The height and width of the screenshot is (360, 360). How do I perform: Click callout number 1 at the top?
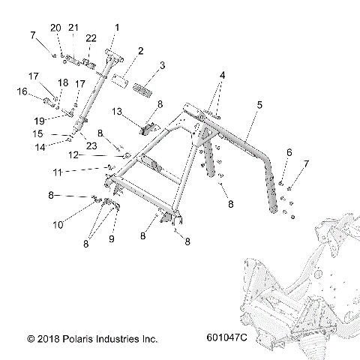pos(116,28)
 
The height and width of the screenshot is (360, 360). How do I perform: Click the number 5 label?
pos(259,106)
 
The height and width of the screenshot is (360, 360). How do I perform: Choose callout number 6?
pos(289,152)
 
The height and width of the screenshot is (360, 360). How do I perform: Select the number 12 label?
pos(94,155)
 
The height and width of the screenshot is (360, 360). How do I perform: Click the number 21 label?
pos(73,28)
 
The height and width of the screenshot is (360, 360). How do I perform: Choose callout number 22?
pos(91,38)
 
